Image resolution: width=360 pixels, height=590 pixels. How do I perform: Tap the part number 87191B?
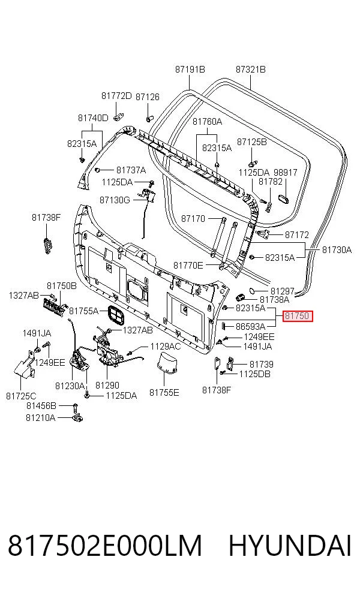(190, 70)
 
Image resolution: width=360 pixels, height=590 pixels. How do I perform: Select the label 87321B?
(251, 70)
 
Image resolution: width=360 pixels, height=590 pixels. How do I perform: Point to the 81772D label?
(116, 96)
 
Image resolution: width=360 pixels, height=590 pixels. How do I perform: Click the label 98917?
(286, 173)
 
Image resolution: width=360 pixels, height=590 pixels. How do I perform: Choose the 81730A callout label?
(337, 250)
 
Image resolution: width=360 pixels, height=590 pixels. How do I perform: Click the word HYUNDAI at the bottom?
(290, 546)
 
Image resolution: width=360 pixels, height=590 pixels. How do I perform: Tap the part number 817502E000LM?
(105, 546)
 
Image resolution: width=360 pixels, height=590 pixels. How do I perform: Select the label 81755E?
(164, 393)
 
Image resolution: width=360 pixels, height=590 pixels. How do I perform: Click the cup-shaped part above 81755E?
(167, 363)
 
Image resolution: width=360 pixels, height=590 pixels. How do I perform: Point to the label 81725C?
(21, 396)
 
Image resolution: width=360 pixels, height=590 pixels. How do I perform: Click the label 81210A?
(40, 418)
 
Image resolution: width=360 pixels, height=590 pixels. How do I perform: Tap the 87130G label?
(115, 200)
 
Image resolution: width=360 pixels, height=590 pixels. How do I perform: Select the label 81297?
(283, 291)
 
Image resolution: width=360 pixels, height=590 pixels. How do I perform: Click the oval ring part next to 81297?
(253, 291)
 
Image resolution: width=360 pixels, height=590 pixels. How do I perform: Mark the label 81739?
(262, 365)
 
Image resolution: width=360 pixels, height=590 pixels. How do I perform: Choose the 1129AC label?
(166, 347)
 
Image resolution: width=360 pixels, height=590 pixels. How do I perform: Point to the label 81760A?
(207, 122)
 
